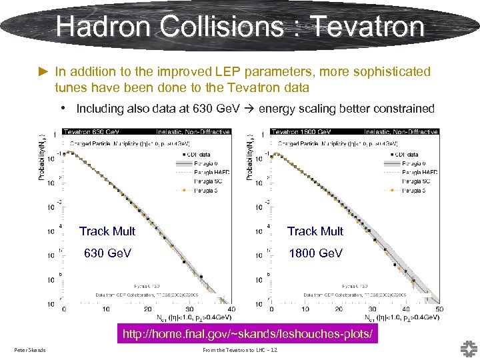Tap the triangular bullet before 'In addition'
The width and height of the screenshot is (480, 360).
45,71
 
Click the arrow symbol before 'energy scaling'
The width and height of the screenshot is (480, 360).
249,109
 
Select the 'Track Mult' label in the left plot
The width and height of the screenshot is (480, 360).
107,231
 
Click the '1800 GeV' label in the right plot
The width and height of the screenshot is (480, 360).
315,253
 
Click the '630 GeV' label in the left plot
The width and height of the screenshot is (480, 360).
107,253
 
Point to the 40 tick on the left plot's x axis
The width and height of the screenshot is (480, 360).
231,309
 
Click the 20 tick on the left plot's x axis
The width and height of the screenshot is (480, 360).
147,309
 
